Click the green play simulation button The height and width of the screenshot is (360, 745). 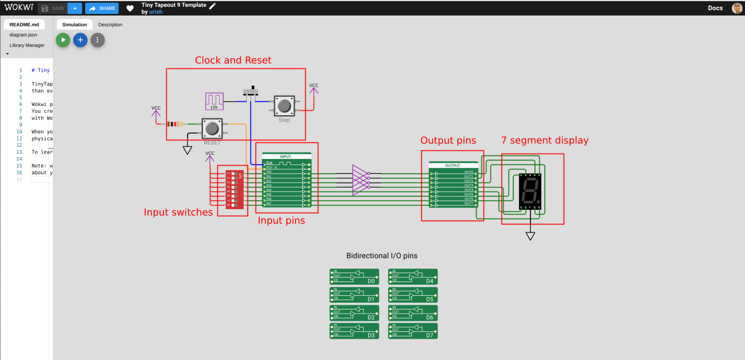[63, 40]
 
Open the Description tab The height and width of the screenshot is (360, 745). [110, 25]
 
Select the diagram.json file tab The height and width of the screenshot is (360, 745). [23, 35]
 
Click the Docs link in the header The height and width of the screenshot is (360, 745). [715, 8]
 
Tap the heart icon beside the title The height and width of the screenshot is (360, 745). [130, 9]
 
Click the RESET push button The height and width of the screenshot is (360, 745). [212, 128]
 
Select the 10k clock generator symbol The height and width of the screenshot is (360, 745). [214, 101]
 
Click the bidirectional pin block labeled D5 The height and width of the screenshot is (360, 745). [413, 295]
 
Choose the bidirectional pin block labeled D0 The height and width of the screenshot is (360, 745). [354, 277]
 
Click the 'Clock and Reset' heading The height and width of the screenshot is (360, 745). [233, 60]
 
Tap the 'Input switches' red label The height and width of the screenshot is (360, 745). [178, 213]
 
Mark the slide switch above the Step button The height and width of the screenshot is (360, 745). [251, 92]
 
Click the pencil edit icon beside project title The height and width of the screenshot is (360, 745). [213, 6]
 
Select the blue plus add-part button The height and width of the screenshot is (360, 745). [80, 40]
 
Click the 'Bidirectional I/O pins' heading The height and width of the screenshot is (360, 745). [385, 256]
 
